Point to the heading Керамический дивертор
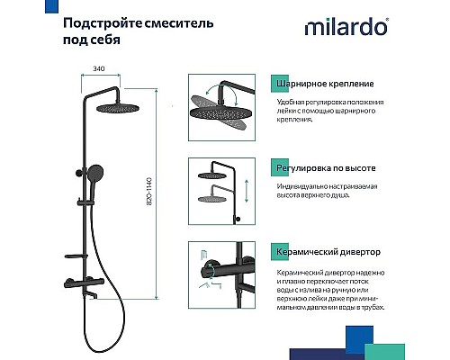point(326,253)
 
